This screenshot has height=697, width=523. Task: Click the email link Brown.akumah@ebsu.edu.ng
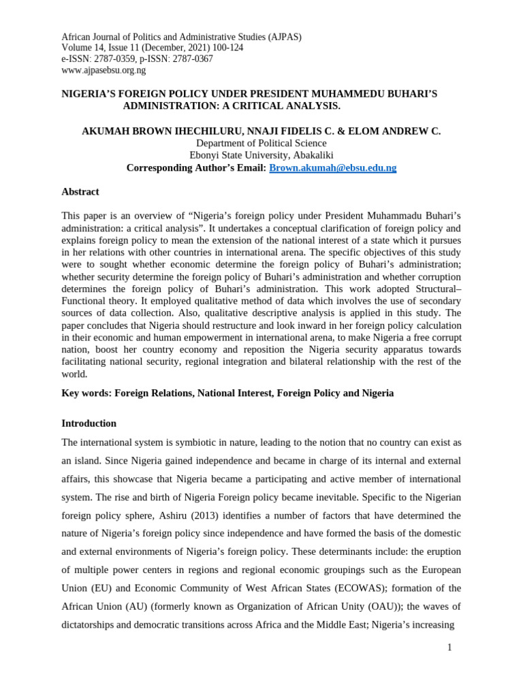(332, 167)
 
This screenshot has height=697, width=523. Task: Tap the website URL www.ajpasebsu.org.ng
(104, 70)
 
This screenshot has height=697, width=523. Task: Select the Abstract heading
(80, 192)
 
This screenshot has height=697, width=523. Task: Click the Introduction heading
(89, 423)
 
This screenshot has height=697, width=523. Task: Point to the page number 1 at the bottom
(449, 647)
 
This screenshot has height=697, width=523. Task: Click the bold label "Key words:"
(86, 393)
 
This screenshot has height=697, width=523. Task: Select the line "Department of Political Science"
(261, 143)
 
